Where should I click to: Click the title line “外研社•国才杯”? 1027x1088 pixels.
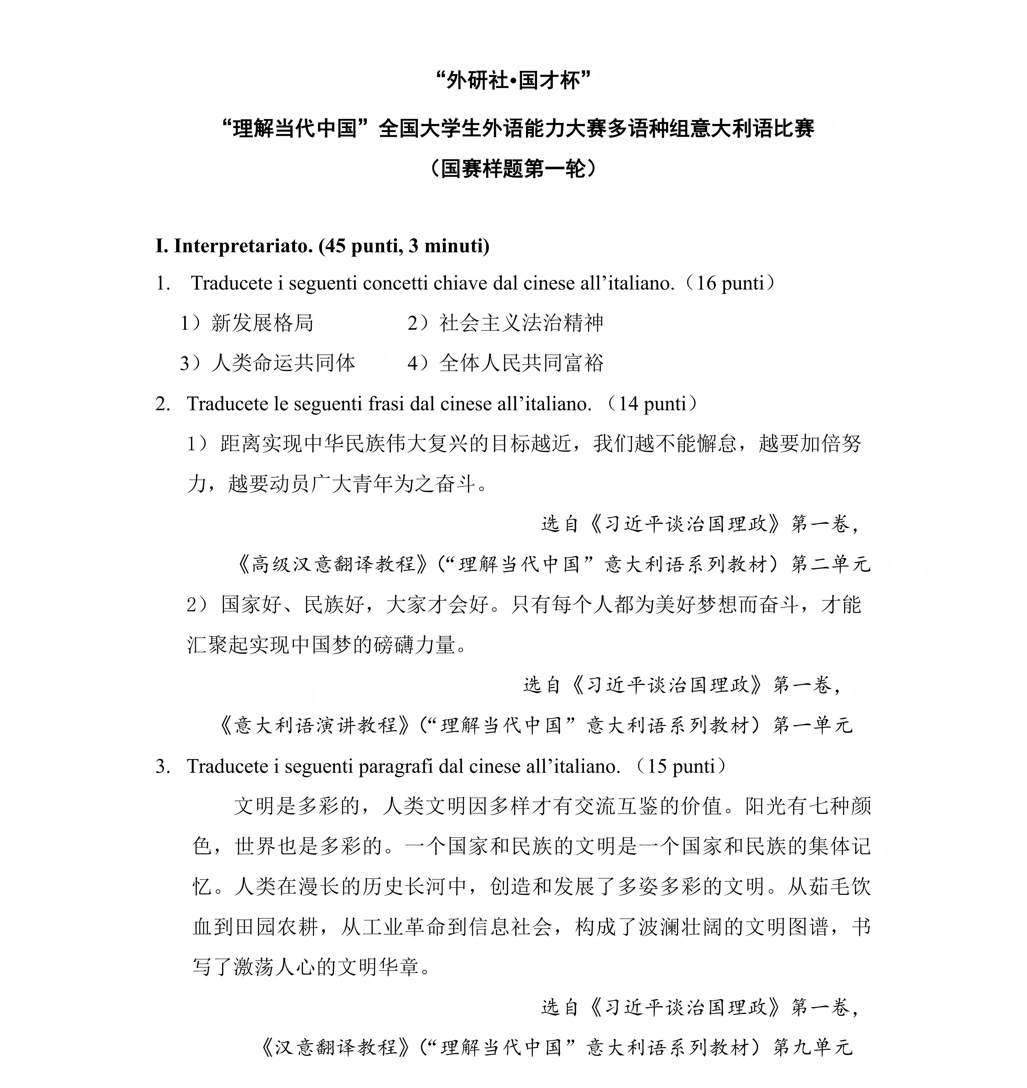point(513,81)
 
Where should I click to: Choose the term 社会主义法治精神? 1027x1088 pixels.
point(521,323)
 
